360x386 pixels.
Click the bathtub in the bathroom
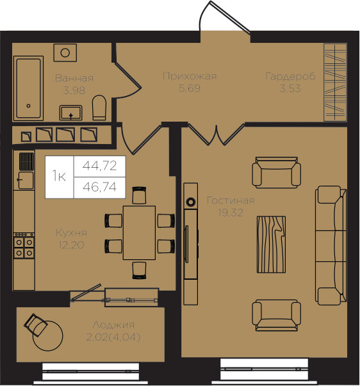[x=29, y=88]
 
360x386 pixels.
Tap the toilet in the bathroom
[x=99, y=108]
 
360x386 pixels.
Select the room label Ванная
[x=74, y=78]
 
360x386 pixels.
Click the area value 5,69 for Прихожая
[x=190, y=88]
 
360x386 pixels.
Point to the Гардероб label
[x=290, y=77]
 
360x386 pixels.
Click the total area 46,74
[x=99, y=187]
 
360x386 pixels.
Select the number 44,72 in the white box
[x=99, y=166]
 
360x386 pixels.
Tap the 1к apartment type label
[x=59, y=176]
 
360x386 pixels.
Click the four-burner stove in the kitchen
[x=24, y=247]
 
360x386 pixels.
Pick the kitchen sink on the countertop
[x=26, y=181]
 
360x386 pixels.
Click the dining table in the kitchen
[x=139, y=232]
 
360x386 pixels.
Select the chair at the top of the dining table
[x=139, y=195]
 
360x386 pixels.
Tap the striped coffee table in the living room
[x=271, y=245]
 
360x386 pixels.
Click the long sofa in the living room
[x=331, y=246]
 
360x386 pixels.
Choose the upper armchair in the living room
[x=277, y=173]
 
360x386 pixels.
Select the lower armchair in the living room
[x=277, y=316]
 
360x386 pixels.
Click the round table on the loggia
[x=48, y=336]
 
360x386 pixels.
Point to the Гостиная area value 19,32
[x=231, y=213]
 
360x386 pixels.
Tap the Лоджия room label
[x=113, y=325]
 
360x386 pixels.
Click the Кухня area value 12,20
[x=71, y=245]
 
